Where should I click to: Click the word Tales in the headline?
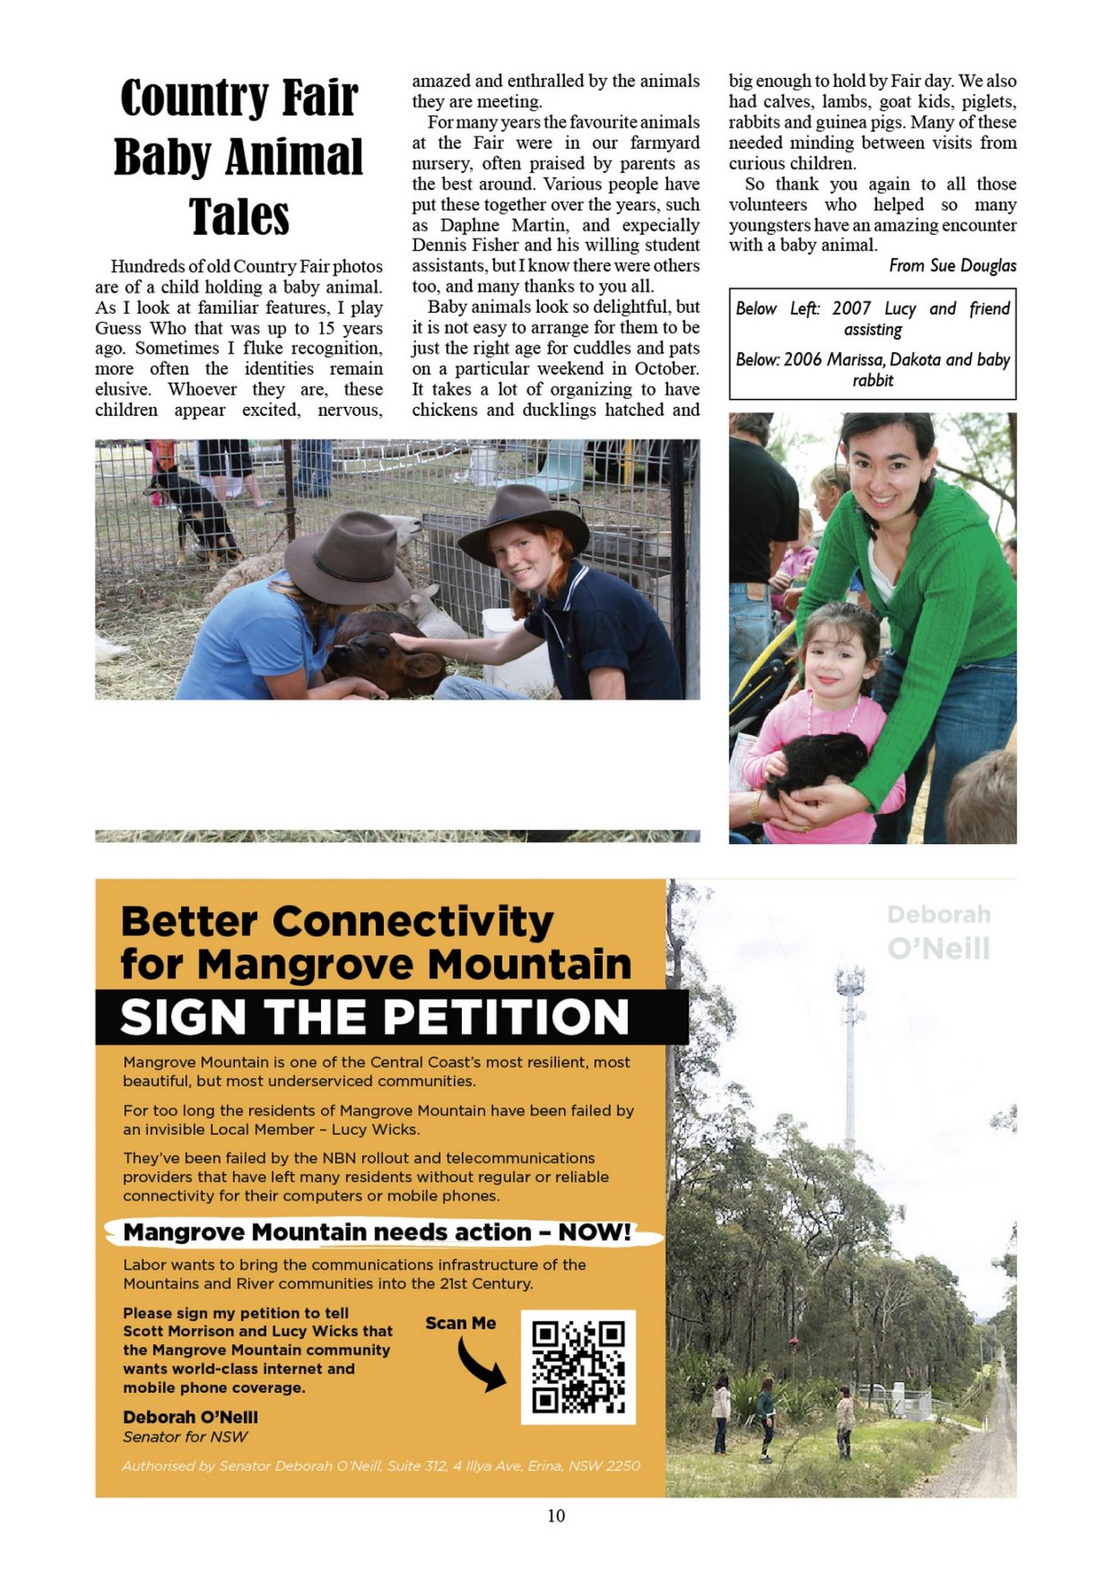[x=239, y=217]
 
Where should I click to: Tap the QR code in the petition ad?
[x=578, y=1366]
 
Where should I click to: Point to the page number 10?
[x=556, y=1516]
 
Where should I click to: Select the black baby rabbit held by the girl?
[x=820, y=762]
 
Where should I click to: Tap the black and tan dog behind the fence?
[x=195, y=512]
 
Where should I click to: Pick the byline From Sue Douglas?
[x=952, y=265]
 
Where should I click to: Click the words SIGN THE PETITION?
[x=374, y=1017]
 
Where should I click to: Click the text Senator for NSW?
[x=185, y=1437]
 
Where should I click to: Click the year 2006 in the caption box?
[x=802, y=359]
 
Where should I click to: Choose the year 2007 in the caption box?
[x=851, y=309]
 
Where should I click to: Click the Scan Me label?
[x=460, y=1323]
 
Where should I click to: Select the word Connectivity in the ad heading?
[x=413, y=922]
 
